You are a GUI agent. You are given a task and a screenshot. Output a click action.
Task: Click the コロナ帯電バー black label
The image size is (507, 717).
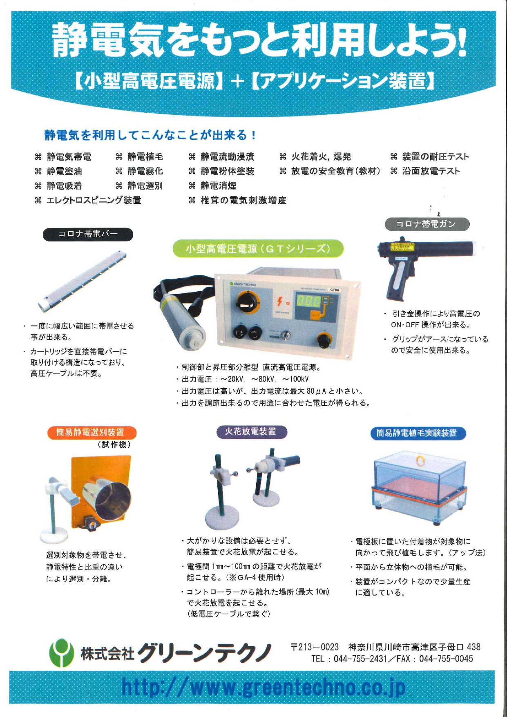(88, 234)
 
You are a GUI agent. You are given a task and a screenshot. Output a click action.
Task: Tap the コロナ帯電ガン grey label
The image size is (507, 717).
(427, 224)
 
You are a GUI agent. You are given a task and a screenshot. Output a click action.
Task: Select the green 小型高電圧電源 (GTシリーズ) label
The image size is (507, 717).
(258, 248)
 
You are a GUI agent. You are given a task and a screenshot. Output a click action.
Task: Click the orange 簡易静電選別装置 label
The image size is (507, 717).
(90, 432)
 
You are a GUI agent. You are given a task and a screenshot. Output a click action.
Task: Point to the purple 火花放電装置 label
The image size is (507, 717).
(251, 431)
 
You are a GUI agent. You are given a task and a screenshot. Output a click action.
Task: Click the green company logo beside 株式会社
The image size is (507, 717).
(61, 652)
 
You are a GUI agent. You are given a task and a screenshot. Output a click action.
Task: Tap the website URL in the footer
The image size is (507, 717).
(264, 688)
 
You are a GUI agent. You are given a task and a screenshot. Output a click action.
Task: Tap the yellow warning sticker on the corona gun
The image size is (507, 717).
(402, 246)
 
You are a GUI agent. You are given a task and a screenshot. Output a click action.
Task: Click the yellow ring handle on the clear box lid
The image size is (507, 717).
(420, 460)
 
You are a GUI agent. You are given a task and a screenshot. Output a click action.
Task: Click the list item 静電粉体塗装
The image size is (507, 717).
(227, 171)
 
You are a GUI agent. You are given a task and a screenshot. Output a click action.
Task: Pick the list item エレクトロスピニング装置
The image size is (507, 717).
(94, 200)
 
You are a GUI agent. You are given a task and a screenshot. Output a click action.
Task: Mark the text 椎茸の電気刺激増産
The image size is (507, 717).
(243, 200)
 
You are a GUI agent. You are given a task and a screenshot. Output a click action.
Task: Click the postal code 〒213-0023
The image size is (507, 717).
(315, 647)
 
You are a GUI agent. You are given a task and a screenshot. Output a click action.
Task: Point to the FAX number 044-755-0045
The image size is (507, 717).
(446, 659)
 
